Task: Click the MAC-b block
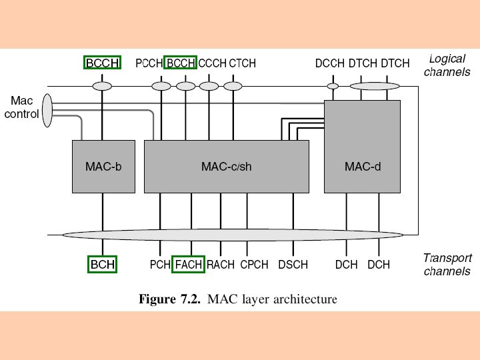(103, 167)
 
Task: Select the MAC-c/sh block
(227, 167)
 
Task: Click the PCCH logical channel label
(149, 63)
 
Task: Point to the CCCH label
(213, 63)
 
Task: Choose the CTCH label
(242, 63)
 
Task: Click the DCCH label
(329, 63)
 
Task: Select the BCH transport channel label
(103, 265)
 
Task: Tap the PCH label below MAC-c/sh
(160, 265)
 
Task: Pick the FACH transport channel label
(188, 265)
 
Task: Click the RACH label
(220, 265)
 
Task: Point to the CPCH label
(254, 265)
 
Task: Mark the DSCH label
(293, 265)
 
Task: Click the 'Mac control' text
(22, 107)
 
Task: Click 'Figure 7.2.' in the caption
(169, 299)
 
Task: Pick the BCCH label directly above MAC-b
(103, 63)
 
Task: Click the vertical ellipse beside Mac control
(47, 110)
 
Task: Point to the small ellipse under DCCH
(333, 86)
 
